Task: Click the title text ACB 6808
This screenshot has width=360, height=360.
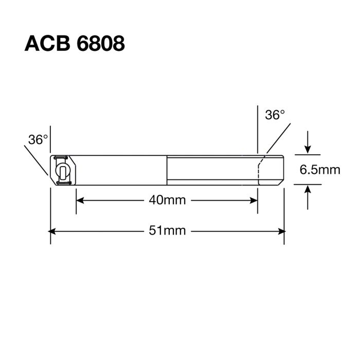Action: (x=75, y=44)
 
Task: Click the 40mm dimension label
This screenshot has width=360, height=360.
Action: (x=167, y=200)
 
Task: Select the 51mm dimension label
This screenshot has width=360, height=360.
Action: (x=167, y=231)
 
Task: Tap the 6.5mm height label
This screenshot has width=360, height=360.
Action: (x=320, y=169)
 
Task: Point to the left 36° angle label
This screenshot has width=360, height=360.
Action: (x=38, y=139)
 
